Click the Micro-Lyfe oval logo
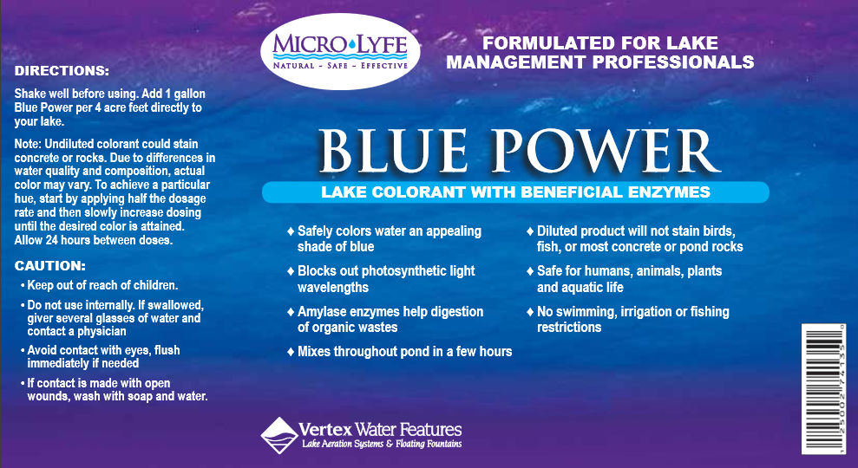point(340,51)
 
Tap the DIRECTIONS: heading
point(62,71)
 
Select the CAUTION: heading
point(49,266)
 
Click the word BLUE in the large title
point(393,151)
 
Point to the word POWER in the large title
point(606,151)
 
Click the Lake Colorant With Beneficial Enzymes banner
point(515,192)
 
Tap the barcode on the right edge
point(824,388)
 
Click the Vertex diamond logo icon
point(279,435)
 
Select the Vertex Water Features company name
point(380,429)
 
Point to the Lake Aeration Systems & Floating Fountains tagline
point(382,444)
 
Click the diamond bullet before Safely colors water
point(291,231)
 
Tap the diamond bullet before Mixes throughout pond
point(291,352)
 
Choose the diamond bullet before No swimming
point(530,312)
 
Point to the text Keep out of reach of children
point(102,285)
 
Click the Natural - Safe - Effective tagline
point(340,66)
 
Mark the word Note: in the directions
point(28,145)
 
